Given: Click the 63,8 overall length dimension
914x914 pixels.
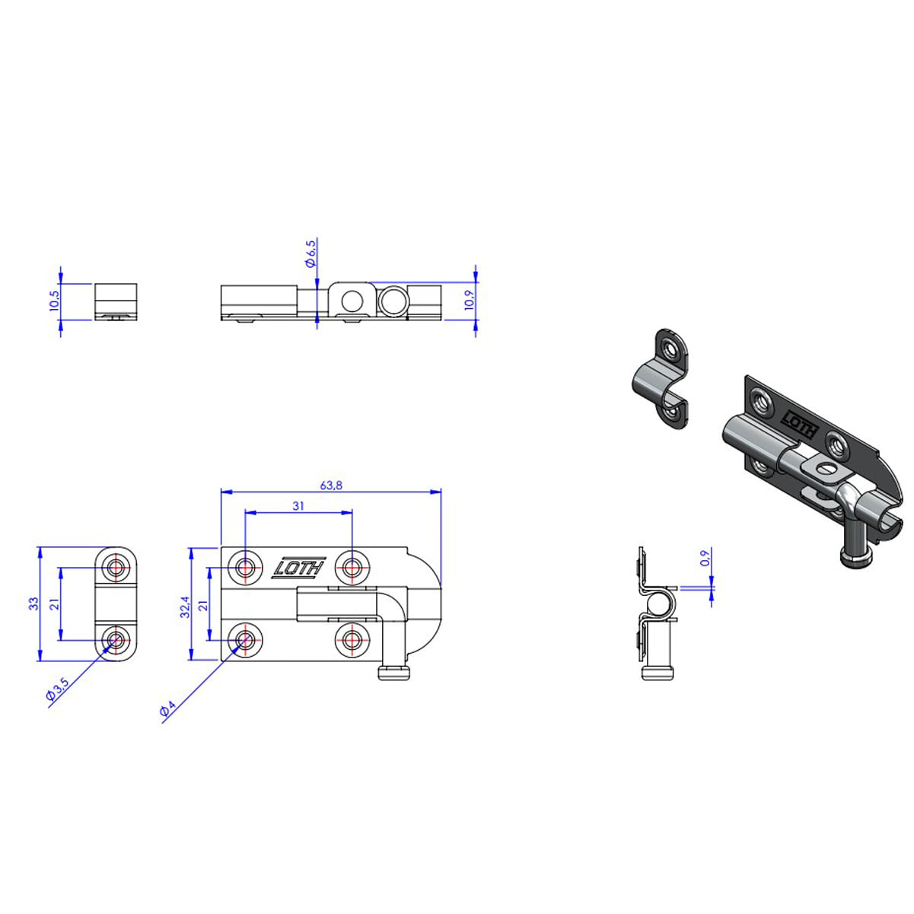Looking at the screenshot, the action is pos(331,486).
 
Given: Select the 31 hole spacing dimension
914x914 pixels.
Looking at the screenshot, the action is pos(298,506).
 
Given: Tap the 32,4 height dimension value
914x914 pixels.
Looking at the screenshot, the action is pos(184,607).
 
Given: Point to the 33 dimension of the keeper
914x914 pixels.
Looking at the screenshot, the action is pos(33,603).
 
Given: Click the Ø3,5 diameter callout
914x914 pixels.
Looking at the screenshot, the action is pos(58,689).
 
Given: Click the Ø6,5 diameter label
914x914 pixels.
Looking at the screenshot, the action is pos(311,253).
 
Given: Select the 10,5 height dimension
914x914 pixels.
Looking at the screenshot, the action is pos(54,301).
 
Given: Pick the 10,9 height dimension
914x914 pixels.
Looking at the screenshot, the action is pos(469,301).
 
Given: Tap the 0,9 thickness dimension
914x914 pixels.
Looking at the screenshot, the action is pos(705,557).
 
